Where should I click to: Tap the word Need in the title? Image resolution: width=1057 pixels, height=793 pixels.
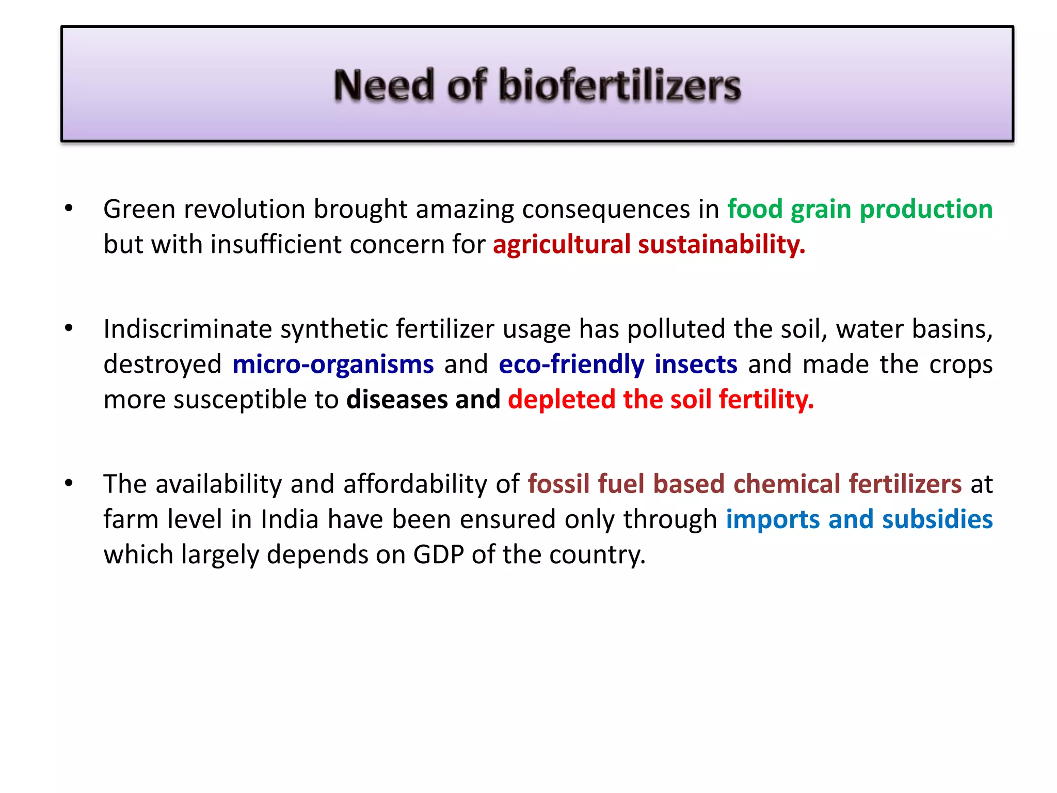point(383,85)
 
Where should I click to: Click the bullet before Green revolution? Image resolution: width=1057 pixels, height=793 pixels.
point(69,209)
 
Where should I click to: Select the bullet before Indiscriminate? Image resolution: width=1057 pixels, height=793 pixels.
point(69,328)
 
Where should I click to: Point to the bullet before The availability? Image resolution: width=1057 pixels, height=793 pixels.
point(69,484)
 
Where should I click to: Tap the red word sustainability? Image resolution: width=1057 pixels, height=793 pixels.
point(721,244)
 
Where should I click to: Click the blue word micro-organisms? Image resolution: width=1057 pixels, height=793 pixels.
point(333,364)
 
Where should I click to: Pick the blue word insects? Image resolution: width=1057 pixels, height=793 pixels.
point(696,364)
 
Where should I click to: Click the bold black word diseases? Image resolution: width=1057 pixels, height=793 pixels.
point(397,400)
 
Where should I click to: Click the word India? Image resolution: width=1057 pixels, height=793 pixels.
point(290,519)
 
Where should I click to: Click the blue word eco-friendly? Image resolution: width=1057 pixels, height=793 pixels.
point(571,364)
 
